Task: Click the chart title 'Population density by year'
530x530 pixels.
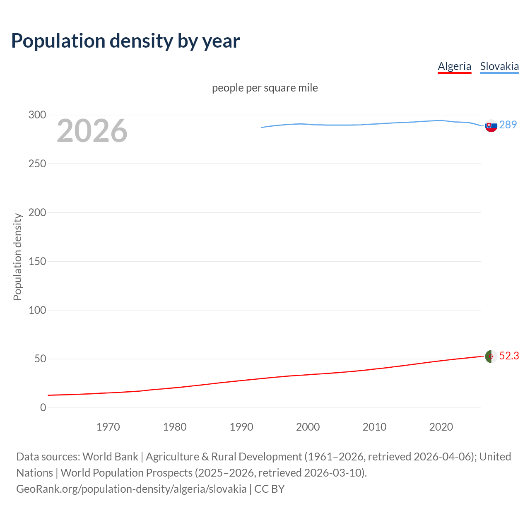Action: (125, 41)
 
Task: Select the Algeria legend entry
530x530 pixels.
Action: (454, 66)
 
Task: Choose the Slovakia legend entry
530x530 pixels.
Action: (499, 66)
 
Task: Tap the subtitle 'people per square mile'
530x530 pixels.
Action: (265, 88)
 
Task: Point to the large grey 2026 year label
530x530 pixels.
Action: (92, 131)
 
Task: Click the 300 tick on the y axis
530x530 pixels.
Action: (37, 115)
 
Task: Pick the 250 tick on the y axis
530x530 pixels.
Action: (37, 164)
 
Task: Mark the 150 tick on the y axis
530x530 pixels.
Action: (37, 261)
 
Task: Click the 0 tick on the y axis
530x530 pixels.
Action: (43, 407)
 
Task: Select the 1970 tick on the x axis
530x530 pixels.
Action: (108, 427)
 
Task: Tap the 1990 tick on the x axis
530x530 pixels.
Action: (241, 427)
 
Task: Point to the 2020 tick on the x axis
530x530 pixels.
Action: (441, 427)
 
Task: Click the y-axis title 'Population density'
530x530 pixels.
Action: (17, 257)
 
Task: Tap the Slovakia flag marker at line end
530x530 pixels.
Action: (491, 125)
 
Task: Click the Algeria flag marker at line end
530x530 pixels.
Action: (491, 356)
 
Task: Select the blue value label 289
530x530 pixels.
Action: (508, 125)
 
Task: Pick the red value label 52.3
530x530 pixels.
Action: (509, 356)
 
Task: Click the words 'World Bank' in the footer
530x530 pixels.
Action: (110, 456)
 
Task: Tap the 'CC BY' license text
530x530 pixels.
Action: (270, 489)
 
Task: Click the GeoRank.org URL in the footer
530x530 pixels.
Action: (131, 489)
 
